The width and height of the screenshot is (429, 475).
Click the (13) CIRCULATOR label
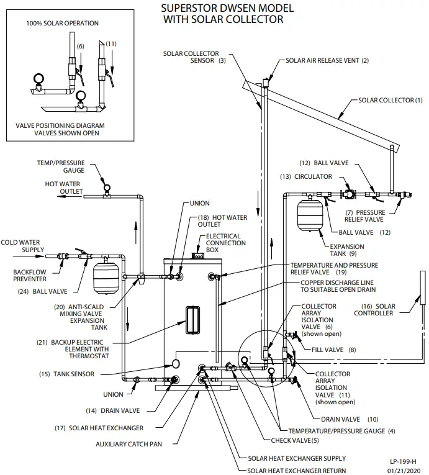point(302,176)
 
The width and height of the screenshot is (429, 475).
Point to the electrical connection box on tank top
point(199,255)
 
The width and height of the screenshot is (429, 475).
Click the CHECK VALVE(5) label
point(296,440)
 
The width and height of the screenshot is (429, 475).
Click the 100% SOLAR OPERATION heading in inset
point(62,23)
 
